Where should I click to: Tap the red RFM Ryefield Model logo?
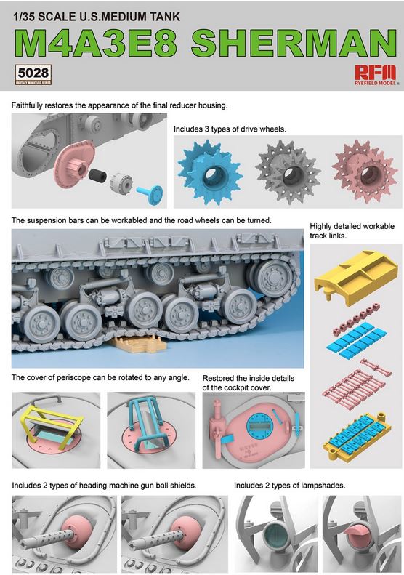pyautogui.click(x=376, y=75)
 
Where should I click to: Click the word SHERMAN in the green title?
pyautogui.click(x=294, y=44)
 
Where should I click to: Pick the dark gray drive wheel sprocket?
pyautogui.click(x=288, y=172)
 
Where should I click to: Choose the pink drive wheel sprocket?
pyautogui.click(x=365, y=172)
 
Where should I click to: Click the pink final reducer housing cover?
pyautogui.click(x=73, y=163)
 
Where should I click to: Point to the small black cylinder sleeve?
pyautogui.click(x=97, y=175)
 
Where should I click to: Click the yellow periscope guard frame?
pyautogui.click(x=52, y=422)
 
